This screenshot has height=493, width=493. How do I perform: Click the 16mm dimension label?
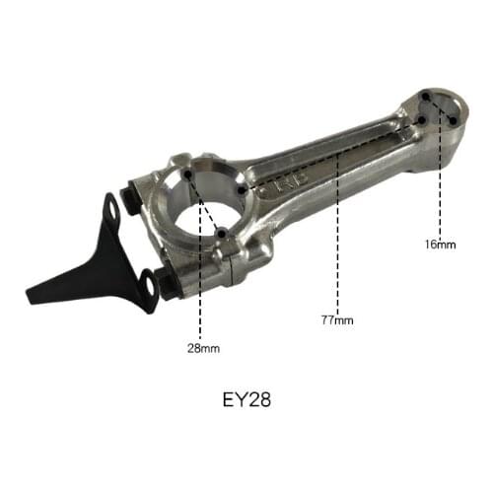click(x=440, y=243)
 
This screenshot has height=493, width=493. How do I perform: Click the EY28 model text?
click(x=246, y=401)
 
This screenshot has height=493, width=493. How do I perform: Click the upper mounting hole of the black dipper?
click(x=113, y=209)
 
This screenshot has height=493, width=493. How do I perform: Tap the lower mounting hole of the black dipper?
click(x=149, y=287)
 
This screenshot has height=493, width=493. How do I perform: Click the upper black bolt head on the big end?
click(x=131, y=188)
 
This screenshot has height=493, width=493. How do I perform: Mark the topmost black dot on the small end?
click(x=425, y=96)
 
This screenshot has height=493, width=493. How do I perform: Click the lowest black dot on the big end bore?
click(x=222, y=233)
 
